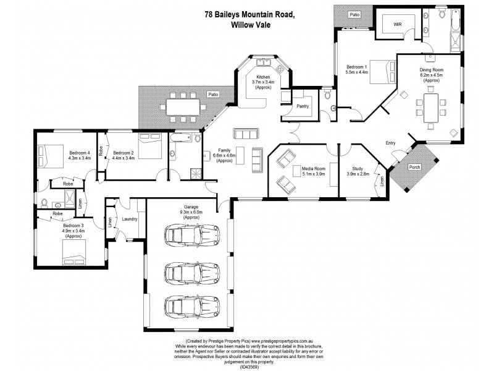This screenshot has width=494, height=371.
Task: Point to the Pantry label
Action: click(x=303, y=106)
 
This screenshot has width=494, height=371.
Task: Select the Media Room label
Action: click(x=313, y=167)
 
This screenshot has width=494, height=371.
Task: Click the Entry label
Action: click(x=390, y=143)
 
